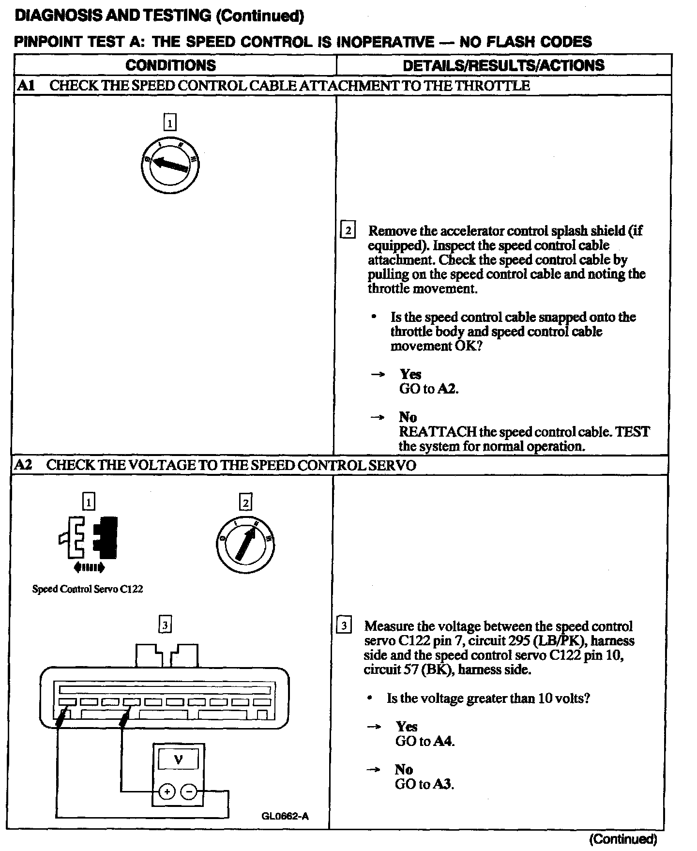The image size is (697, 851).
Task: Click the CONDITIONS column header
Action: (170, 65)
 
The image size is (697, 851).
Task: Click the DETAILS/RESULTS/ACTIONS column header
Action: (503, 65)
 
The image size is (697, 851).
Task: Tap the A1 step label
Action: (26, 86)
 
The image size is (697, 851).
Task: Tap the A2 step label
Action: (23, 465)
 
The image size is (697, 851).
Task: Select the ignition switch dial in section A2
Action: (245, 545)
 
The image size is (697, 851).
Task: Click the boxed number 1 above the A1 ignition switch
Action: (170, 123)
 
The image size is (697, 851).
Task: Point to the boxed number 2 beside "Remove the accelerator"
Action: (348, 230)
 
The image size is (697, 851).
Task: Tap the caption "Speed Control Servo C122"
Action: (88, 589)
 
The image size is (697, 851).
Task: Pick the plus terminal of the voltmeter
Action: (167, 792)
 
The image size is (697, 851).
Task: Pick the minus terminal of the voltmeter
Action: (189, 792)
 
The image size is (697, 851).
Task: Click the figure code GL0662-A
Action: (285, 817)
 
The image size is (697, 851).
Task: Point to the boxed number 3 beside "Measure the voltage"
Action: (344, 626)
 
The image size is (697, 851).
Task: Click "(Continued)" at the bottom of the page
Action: (623, 839)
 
